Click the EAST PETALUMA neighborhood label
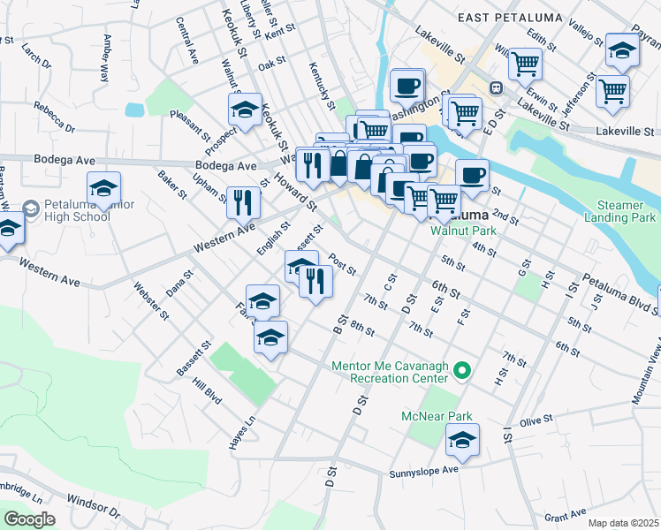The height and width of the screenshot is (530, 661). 499,17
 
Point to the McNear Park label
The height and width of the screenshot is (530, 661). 437,416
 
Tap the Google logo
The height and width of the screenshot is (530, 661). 29,519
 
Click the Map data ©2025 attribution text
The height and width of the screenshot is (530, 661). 624,523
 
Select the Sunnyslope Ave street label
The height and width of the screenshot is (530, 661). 424,473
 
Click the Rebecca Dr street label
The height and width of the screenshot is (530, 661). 55,116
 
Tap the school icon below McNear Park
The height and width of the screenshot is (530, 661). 462,439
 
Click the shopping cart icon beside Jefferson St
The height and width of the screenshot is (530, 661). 612,90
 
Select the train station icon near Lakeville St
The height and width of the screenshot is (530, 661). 496,87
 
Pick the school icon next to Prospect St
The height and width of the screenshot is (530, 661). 245,109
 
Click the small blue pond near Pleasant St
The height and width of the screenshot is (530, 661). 134,110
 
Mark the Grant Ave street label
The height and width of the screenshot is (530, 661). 566,514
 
